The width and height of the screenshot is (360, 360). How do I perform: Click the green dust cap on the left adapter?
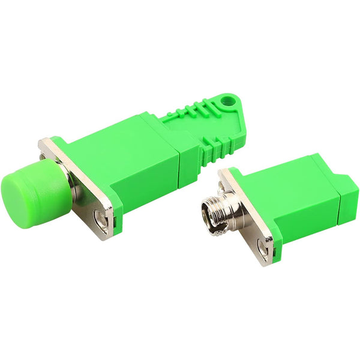click(27, 191)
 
